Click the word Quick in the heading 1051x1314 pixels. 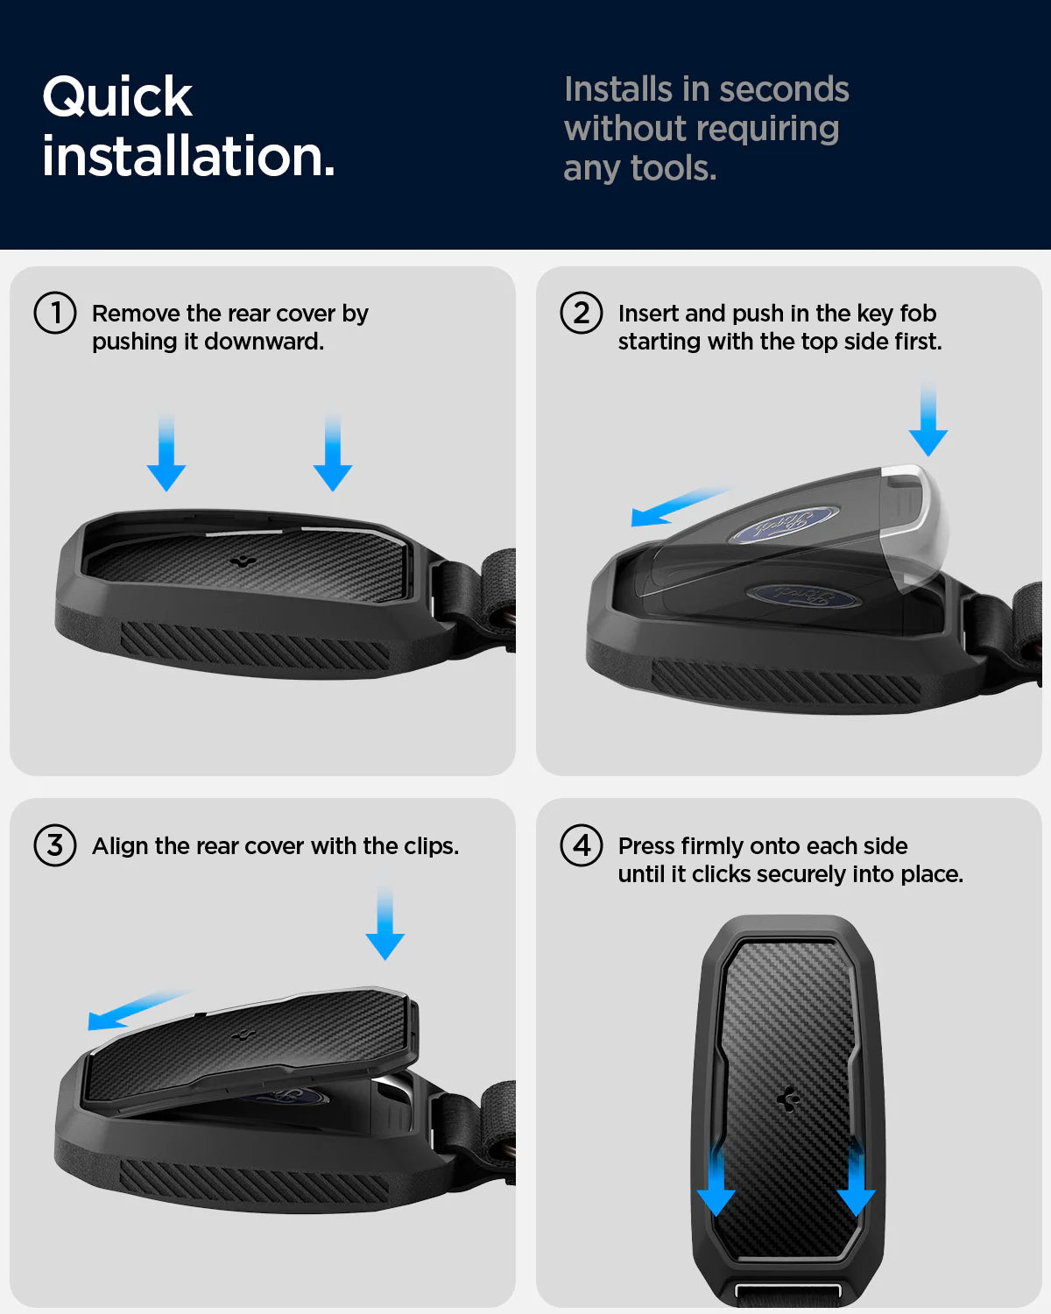117,98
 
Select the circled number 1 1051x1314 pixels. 55,313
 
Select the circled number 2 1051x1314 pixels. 582,313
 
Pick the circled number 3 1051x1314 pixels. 55,845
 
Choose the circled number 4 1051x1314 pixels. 582,845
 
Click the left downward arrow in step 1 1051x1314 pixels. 166,452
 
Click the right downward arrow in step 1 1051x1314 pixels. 333,452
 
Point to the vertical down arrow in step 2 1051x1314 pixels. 928,418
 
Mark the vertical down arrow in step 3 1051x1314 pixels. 384,924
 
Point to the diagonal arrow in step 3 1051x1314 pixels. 138,1010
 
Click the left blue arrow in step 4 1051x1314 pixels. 716,1181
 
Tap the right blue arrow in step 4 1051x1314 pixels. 857,1181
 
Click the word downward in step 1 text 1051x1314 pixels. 264,342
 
